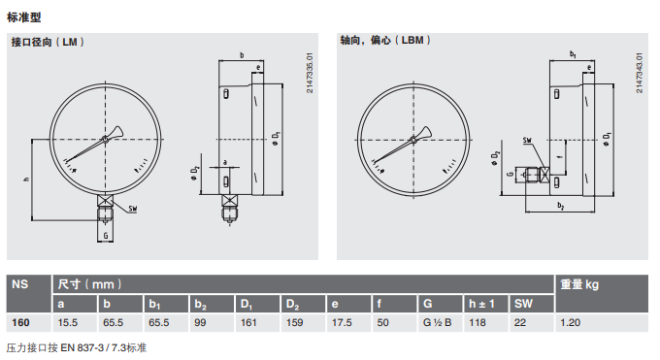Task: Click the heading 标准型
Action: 24,17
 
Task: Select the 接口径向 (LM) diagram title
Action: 48,42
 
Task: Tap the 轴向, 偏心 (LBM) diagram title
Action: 385,41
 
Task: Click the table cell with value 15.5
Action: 68,322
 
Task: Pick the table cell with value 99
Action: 200,322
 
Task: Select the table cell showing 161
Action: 248,322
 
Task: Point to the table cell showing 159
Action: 295,322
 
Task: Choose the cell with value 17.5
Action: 342,322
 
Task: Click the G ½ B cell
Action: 438,322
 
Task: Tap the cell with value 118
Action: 478,322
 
